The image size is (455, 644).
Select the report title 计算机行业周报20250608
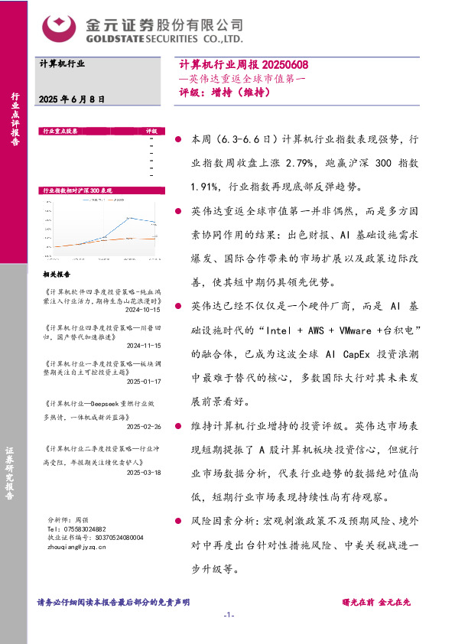pos(243,66)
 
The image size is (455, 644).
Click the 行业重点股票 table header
pos(61,131)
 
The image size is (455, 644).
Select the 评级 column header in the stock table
pos(151,131)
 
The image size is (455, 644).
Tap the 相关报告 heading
pos(56,273)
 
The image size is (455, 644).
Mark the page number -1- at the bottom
pos(227,616)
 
